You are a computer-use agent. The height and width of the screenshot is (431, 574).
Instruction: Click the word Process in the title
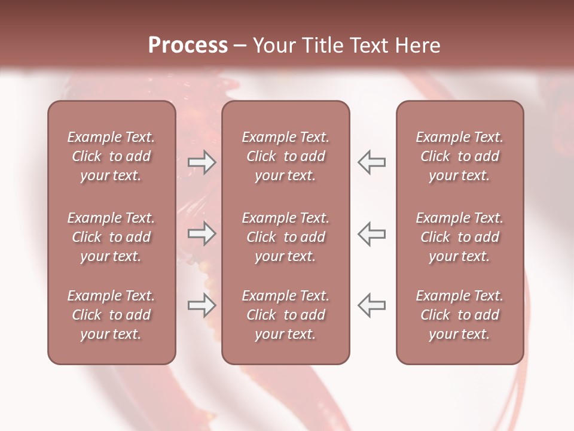pyautogui.click(x=188, y=45)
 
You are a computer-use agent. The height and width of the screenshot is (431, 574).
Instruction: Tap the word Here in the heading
pyautogui.click(x=417, y=45)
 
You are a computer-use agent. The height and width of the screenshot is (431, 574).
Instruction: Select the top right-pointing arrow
pyautogui.click(x=201, y=162)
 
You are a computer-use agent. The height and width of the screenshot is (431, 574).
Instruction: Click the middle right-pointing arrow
pyautogui.click(x=201, y=233)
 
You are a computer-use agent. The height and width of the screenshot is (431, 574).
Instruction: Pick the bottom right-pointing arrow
pyautogui.click(x=201, y=305)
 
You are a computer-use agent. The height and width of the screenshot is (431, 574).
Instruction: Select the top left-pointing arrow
pyautogui.click(x=371, y=162)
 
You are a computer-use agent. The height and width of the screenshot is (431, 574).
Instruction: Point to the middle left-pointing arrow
pyautogui.click(x=371, y=233)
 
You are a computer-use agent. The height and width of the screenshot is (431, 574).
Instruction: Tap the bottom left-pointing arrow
pyautogui.click(x=371, y=305)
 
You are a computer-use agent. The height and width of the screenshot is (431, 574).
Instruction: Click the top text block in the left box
pyautogui.click(x=111, y=156)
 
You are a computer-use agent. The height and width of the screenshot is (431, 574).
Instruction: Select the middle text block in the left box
pyautogui.click(x=111, y=237)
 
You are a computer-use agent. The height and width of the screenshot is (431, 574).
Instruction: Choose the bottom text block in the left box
pyautogui.click(x=111, y=315)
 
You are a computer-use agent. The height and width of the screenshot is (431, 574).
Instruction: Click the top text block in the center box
pyautogui.click(x=286, y=156)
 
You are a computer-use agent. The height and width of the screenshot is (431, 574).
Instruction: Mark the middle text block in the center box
pyautogui.click(x=286, y=237)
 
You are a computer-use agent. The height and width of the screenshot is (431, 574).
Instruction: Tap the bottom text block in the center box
pyautogui.click(x=286, y=315)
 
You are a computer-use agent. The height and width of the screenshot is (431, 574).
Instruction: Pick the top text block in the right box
pyautogui.click(x=460, y=156)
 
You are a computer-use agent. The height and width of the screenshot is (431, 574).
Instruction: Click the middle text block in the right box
pyautogui.click(x=460, y=237)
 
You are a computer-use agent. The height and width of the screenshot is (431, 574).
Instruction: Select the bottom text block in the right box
pyautogui.click(x=460, y=315)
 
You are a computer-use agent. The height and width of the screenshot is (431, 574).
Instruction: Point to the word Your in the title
pyautogui.click(x=273, y=45)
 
